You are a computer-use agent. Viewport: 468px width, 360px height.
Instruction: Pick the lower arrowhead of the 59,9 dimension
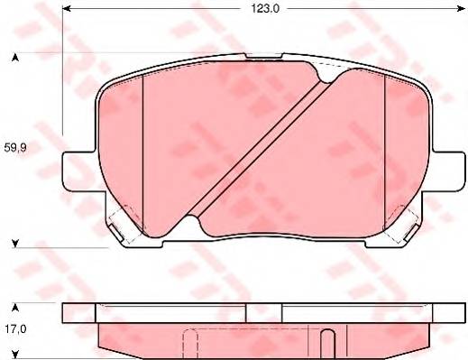pos(14,242)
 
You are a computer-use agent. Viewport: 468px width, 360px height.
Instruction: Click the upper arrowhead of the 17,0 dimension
pos(14,308)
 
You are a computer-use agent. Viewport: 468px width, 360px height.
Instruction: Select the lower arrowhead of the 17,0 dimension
pos(14,355)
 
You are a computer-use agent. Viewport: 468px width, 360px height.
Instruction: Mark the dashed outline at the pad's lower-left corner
pos(124,220)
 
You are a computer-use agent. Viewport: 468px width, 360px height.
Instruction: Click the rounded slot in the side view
pos(329,343)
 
